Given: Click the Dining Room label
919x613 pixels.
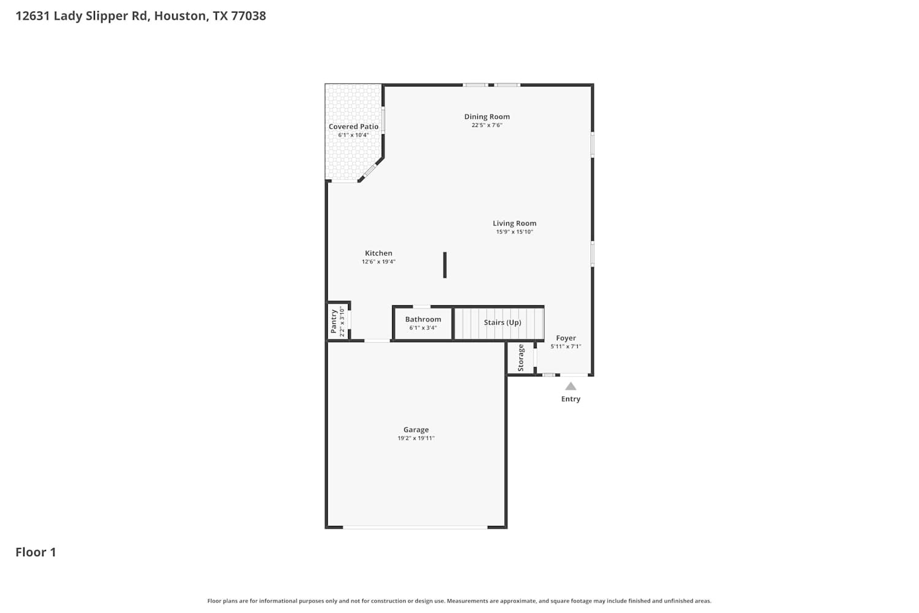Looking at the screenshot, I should (486, 116).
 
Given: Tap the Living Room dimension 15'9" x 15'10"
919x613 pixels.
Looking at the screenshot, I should (514, 232).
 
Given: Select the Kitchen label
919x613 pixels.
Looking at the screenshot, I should (378, 253).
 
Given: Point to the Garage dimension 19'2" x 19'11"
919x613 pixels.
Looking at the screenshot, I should (415, 438).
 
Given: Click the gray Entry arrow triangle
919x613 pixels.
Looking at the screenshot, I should (570, 386).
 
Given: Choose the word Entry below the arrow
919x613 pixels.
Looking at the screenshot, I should (570, 399).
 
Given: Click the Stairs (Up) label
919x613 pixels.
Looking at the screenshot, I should (502, 322).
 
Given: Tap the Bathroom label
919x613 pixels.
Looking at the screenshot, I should (423, 319).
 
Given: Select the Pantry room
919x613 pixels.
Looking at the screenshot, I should (338, 321).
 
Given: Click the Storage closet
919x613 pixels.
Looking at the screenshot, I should (521, 358).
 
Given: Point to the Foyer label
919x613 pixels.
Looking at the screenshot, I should (565, 338).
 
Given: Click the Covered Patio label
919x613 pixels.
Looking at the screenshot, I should (354, 127).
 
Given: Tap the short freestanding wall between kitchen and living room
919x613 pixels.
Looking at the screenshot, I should (445, 265).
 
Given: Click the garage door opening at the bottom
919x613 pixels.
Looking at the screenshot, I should (415, 527).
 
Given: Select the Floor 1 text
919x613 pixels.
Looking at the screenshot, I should (36, 552).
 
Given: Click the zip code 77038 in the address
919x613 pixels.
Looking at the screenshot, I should (248, 16).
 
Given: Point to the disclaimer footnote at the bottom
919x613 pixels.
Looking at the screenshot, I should (459, 601).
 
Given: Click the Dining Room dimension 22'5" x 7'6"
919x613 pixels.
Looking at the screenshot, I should (486, 125).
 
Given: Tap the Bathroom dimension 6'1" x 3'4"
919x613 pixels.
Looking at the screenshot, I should (423, 328).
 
